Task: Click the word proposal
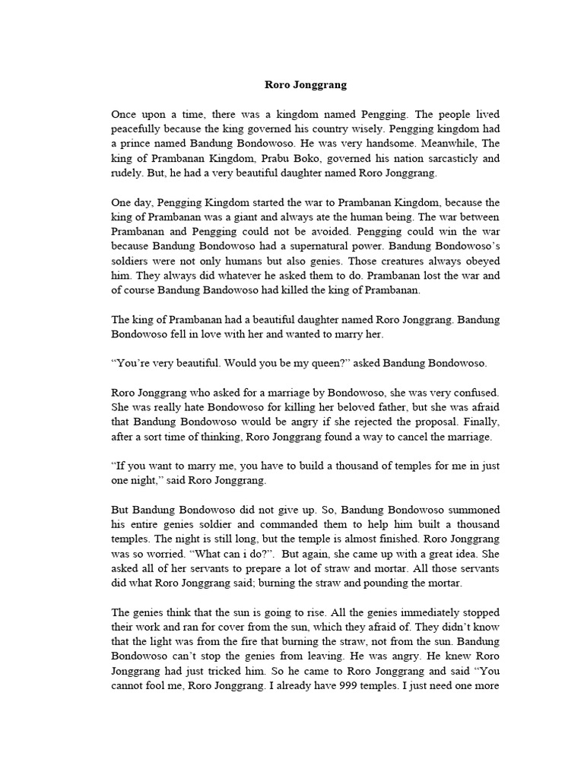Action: pyautogui.click(x=432, y=422)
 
